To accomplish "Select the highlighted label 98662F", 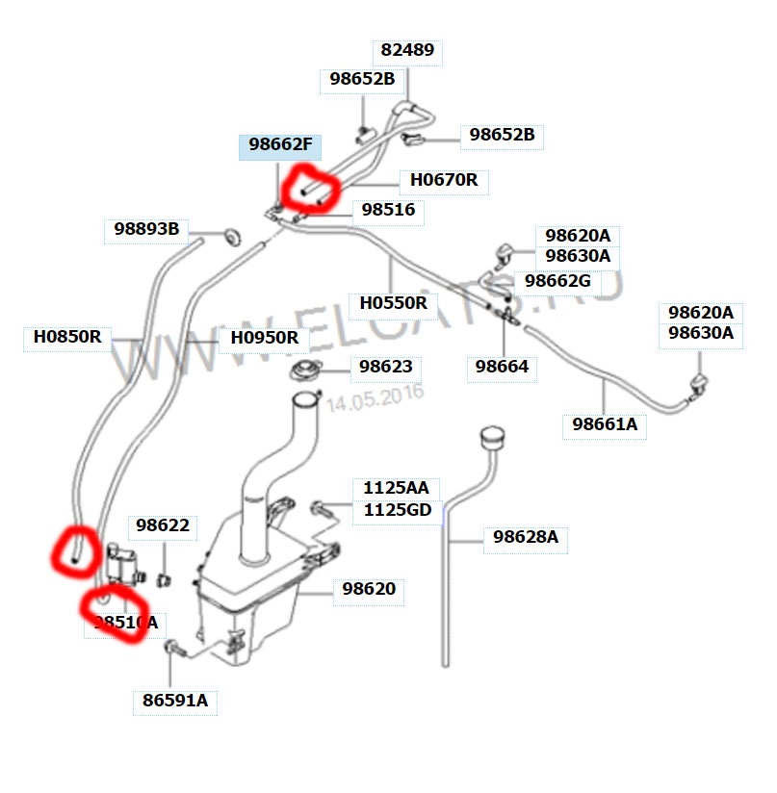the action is click(280, 145).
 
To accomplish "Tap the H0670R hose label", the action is click(444, 179).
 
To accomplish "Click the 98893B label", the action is click(146, 229).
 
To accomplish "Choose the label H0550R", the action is click(393, 303).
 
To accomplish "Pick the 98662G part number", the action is click(557, 281).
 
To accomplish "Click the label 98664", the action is click(501, 367).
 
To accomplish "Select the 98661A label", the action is click(605, 423).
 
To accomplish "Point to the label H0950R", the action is click(264, 338).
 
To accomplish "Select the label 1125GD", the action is click(396, 510).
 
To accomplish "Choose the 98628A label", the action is click(525, 537).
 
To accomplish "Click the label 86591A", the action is click(174, 701).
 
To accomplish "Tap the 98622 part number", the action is click(162, 525).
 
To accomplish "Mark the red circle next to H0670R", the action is click(309, 188).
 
